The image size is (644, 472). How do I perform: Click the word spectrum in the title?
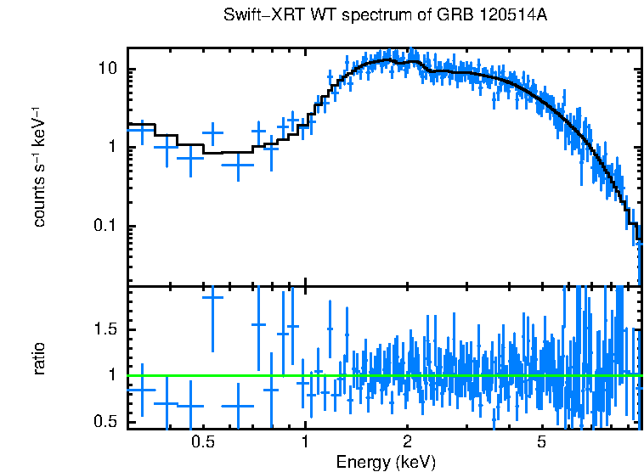point(359,16)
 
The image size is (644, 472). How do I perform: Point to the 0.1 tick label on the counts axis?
point(109,226)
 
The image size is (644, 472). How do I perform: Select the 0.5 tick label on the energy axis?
point(202,441)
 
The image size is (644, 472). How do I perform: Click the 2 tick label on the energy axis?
point(407,441)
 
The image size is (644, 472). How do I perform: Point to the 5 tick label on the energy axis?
point(541,441)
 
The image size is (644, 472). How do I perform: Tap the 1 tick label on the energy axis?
point(305,441)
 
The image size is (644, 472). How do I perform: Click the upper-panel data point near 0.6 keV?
point(238,165)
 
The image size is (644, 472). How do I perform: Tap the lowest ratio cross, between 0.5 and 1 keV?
point(238,406)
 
